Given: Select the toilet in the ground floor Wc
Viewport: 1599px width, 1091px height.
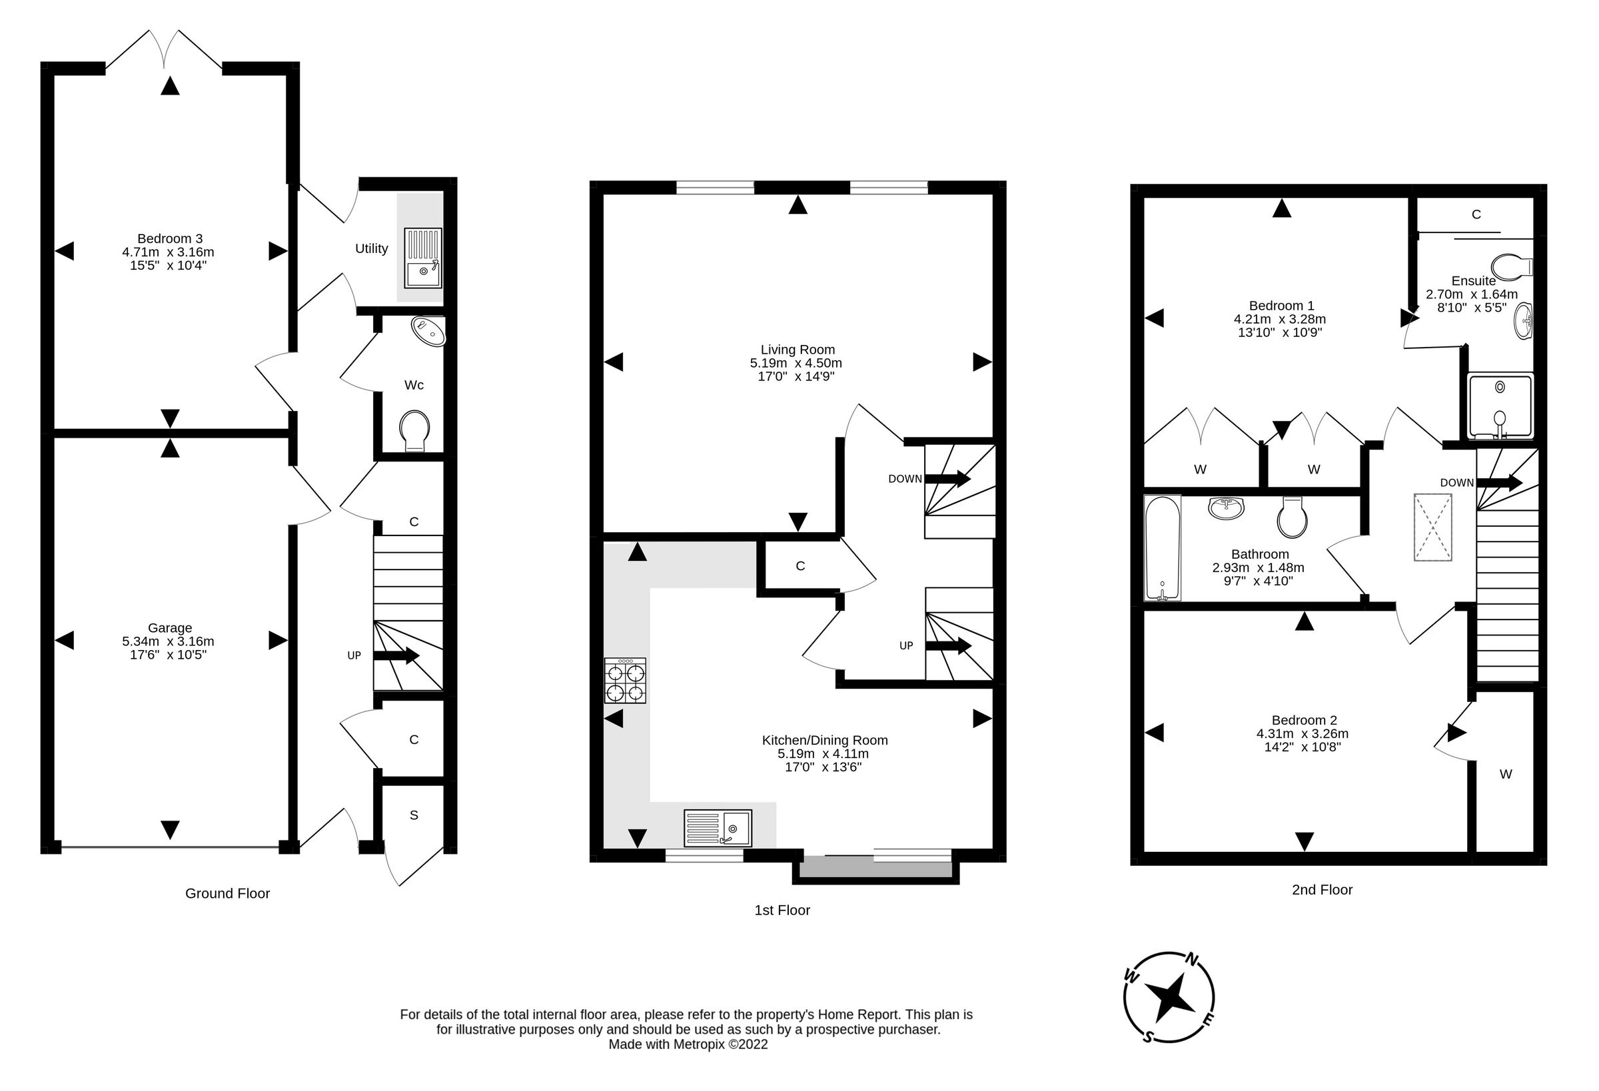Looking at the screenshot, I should (414, 430).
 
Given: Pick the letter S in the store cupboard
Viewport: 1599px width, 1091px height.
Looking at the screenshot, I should (414, 815).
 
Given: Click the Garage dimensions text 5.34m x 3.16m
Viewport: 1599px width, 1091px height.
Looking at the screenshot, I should (168, 641).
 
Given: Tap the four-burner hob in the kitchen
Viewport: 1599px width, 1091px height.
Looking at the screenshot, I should (625, 680).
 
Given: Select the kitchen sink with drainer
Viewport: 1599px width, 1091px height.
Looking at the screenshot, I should (718, 827).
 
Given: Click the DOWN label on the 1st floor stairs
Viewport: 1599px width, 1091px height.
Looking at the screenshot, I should (904, 479).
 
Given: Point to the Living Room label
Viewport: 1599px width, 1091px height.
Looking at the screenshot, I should (798, 350).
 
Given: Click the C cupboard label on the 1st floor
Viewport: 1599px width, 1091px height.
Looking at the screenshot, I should (800, 565).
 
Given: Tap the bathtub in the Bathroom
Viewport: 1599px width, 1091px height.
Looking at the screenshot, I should (1162, 547).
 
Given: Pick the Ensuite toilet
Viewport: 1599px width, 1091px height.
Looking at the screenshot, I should (1510, 267).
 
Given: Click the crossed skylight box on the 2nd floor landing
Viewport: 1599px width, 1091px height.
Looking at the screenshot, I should (1433, 527).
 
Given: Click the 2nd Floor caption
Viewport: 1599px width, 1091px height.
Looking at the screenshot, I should (1322, 889).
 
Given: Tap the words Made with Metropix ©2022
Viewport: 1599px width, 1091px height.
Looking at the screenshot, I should (688, 1044).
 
